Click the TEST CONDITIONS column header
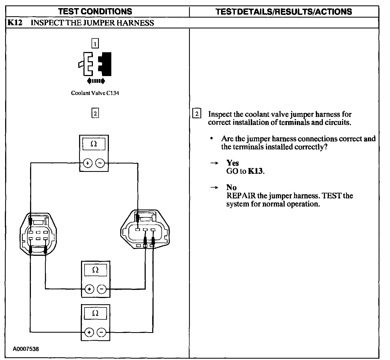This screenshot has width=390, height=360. (x=95, y=11)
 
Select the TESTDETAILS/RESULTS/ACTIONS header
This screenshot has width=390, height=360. (x=284, y=12)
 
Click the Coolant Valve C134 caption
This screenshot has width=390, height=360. (x=95, y=93)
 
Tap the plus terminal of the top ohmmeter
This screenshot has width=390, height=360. (x=87, y=163)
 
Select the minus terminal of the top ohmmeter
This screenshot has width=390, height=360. (x=100, y=163)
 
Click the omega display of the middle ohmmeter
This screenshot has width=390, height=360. (x=95, y=270)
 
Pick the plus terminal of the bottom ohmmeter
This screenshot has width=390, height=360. (x=89, y=332)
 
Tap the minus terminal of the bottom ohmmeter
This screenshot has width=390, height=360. (x=102, y=332)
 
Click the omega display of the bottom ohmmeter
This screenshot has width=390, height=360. (x=95, y=313)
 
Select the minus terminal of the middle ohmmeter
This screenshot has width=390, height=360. (x=102, y=289)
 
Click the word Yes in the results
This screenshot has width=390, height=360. (x=233, y=163)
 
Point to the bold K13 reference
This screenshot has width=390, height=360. (x=256, y=171)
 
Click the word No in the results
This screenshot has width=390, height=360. (x=231, y=188)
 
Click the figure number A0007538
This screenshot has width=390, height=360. (x=26, y=349)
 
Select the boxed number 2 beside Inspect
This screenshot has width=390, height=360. (x=197, y=113)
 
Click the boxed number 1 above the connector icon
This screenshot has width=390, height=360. (x=95, y=43)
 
